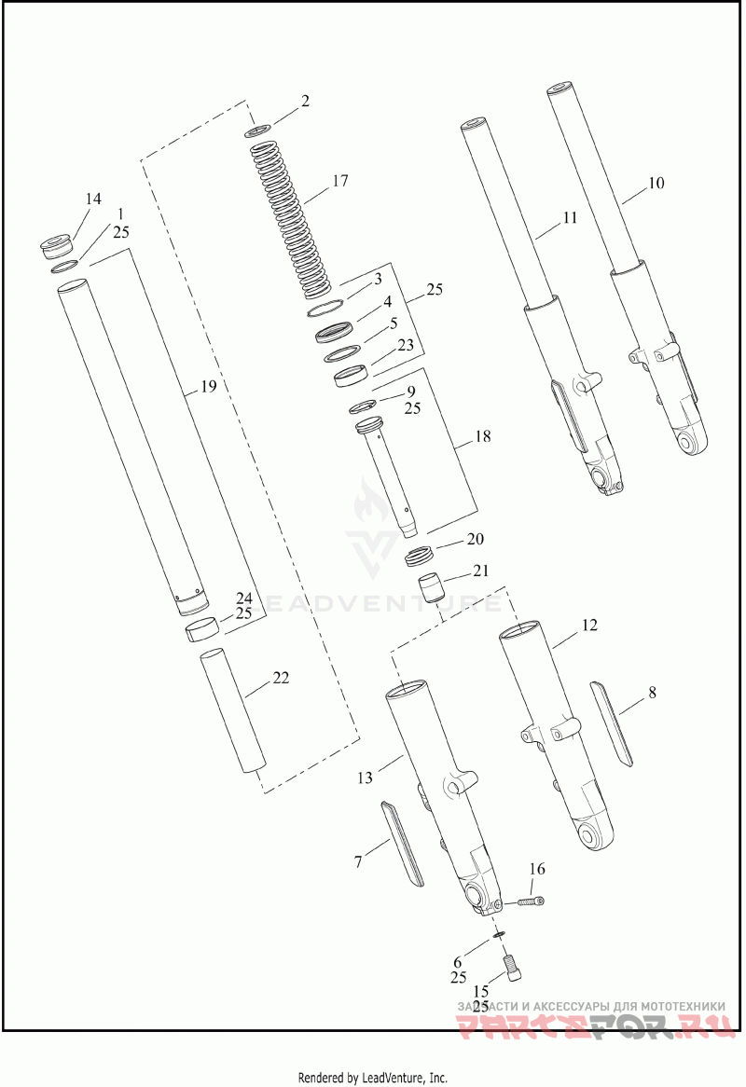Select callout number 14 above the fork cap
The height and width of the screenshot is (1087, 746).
coord(93,199)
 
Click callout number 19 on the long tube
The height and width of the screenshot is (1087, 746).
coord(209,385)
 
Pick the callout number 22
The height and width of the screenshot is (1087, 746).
coord(281,678)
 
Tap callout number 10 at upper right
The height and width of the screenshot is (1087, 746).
coord(656,183)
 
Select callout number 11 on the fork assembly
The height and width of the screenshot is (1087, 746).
coord(570,218)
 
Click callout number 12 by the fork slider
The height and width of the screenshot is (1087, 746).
coord(589,624)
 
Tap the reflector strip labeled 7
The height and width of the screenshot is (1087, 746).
coord(403,842)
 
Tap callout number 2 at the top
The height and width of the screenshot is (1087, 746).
coord(304,101)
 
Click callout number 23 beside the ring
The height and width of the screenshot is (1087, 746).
coord(405,344)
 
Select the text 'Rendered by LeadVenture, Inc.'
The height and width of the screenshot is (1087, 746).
coord(373,1078)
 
